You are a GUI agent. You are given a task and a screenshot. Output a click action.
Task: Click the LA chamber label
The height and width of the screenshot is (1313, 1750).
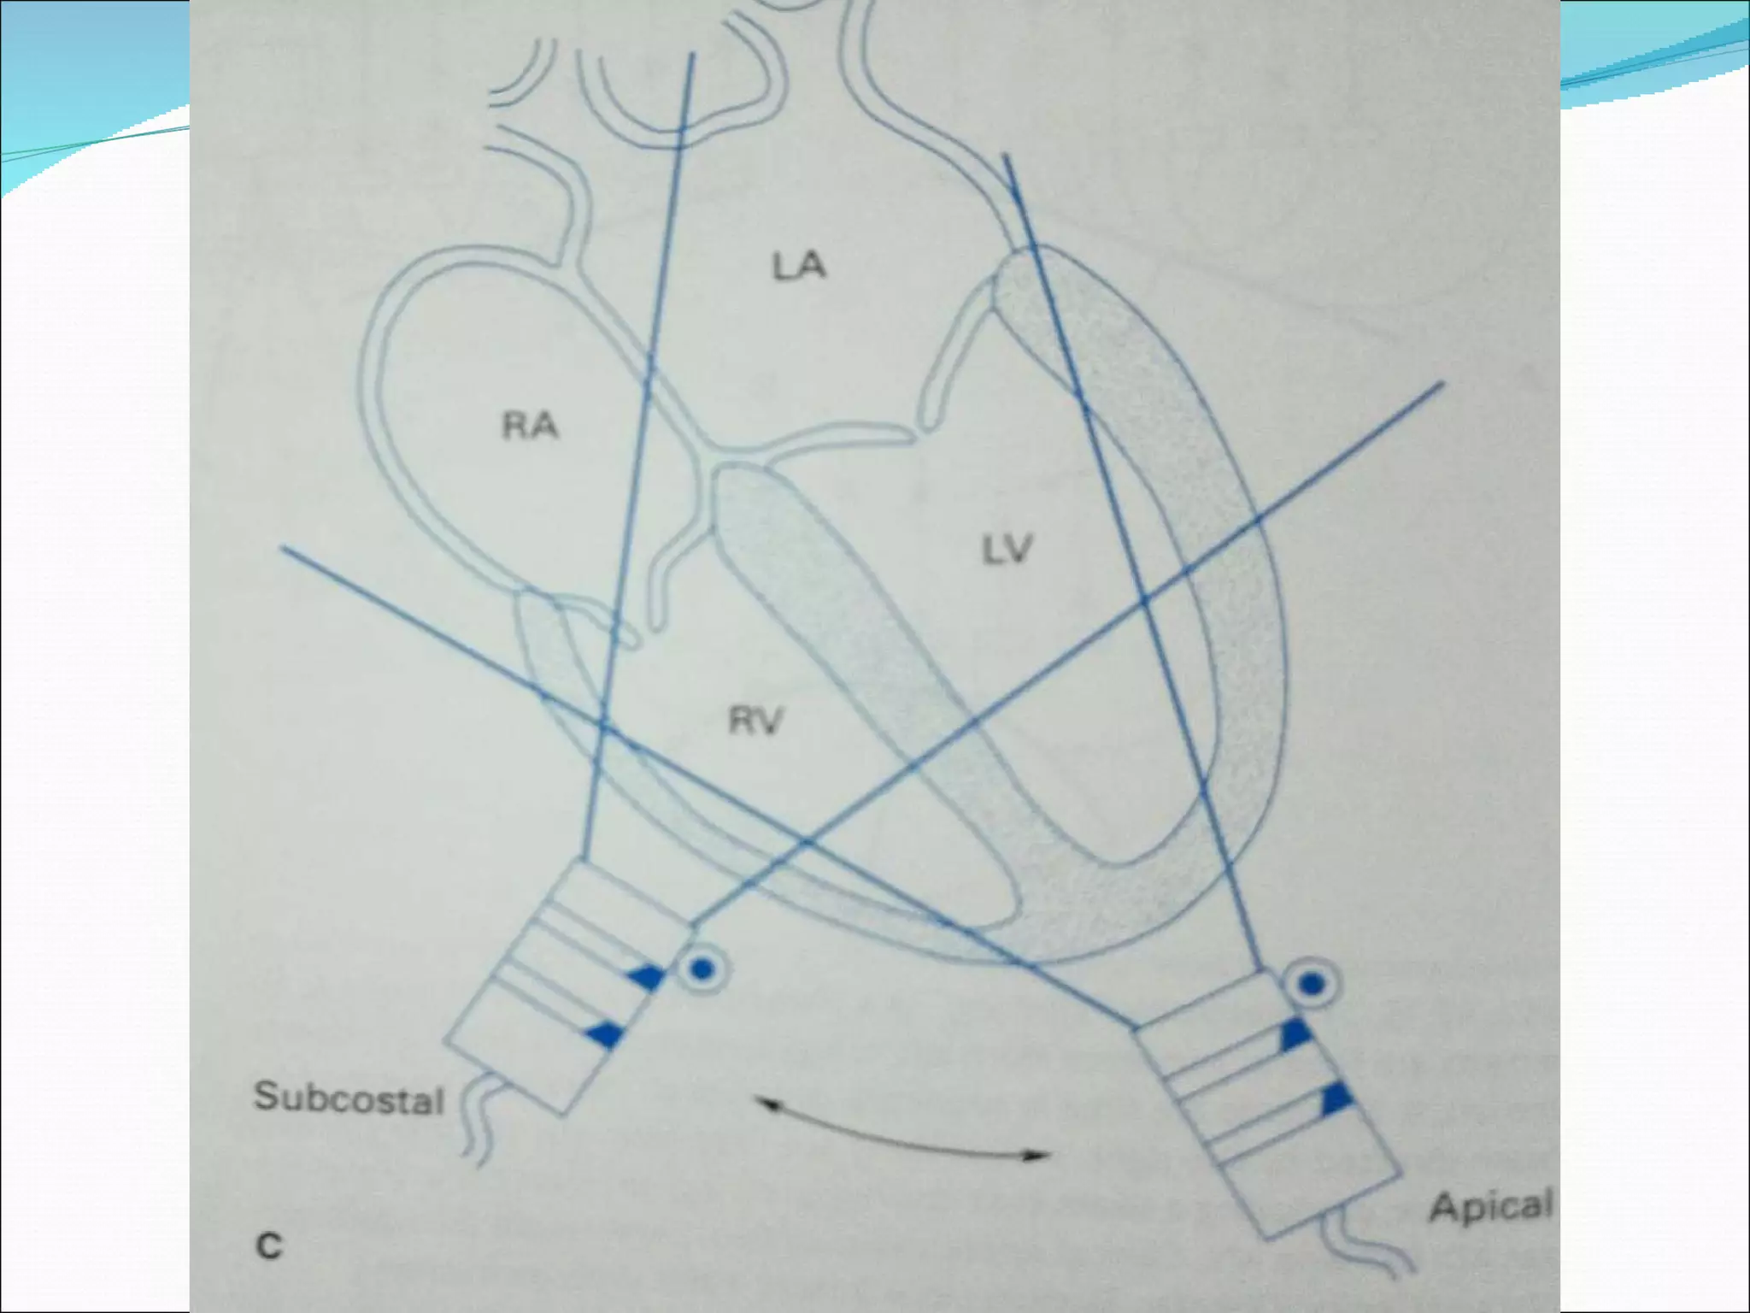tap(799, 267)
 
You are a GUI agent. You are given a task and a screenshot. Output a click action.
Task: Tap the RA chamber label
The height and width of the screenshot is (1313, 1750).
tap(530, 425)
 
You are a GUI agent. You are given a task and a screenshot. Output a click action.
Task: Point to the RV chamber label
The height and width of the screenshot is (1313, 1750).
tap(755, 722)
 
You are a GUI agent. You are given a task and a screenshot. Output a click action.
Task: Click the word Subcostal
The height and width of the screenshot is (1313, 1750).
tap(349, 1098)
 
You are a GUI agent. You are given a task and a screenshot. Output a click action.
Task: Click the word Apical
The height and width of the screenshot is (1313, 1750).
tap(1490, 1206)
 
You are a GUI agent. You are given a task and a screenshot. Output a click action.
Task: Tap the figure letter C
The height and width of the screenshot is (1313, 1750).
tap(269, 1245)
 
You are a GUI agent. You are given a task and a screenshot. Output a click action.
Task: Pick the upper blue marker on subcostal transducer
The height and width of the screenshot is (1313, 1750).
tap(649, 977)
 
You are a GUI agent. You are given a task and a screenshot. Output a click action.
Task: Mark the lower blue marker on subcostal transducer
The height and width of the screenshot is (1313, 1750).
tap(605, 1034)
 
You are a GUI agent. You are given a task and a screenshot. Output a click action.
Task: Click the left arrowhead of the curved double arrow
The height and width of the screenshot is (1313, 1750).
tap(763, 1104)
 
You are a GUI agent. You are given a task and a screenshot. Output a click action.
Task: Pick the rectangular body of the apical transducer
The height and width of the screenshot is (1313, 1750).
tap(1265, 1111)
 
